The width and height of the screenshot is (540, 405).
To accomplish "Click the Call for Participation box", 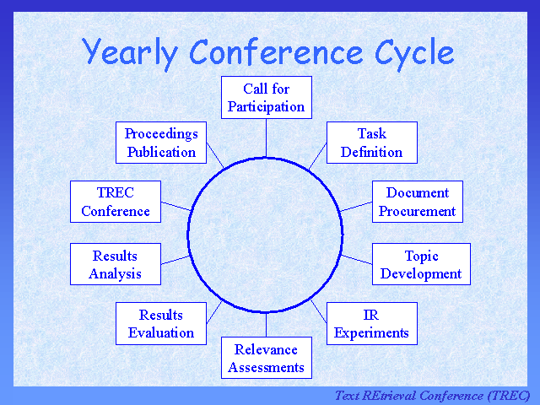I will pos(267,98).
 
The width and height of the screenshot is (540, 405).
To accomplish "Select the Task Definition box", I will pos(371,143).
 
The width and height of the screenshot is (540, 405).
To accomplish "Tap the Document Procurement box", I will pos(417,202).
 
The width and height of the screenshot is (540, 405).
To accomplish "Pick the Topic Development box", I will pos(421,264).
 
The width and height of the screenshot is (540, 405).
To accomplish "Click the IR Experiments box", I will pos(371,323).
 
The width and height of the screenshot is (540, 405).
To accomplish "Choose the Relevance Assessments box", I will pos(267,358).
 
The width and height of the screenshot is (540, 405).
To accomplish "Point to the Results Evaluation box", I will pos(161,323).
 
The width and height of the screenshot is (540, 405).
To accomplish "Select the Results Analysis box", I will pos(115,264).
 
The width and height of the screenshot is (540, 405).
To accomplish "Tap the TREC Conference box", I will pos(116,202).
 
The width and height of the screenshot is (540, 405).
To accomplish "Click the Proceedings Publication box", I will pos(161,143).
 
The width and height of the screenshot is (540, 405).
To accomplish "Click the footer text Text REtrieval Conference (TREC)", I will pos(432,395).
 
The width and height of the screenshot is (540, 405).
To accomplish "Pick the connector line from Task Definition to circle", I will pos(318,155).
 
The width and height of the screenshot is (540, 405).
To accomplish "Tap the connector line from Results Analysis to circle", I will pos(175,259).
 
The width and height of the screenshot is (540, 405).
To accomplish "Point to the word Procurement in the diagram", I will pos(417,211).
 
